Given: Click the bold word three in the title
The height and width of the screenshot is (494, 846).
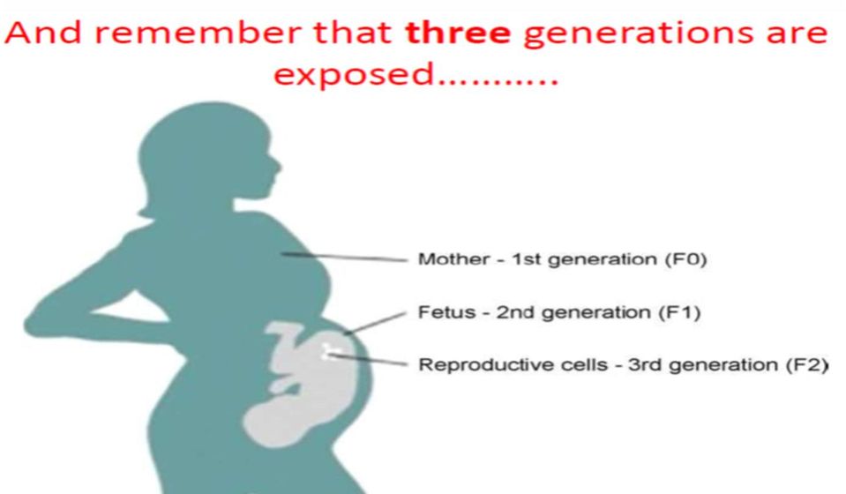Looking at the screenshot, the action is click(x=458, y=33).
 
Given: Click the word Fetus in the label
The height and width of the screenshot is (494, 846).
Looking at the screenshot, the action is click(x=446, y=311).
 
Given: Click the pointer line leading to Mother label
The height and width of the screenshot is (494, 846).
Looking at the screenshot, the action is click(x=344, y=257).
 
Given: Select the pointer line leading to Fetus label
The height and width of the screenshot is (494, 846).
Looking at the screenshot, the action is click(x=375, y=323).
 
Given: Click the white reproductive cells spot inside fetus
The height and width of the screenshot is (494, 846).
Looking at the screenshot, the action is click(x=327, y=351).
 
